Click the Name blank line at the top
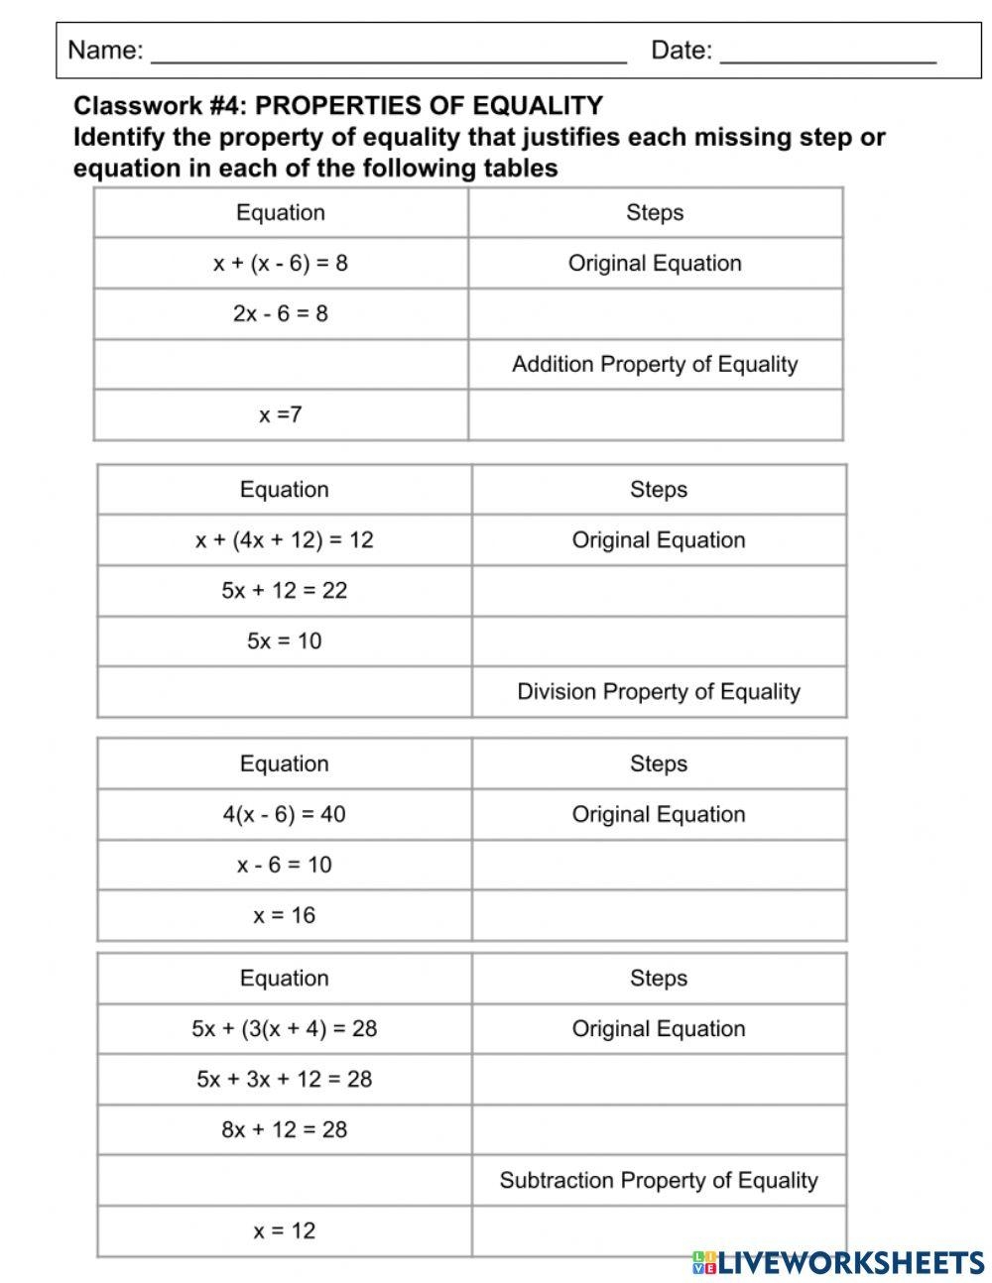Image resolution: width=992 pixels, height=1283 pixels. pos(388,55)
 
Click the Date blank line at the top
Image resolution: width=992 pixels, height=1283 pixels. pos(827,55)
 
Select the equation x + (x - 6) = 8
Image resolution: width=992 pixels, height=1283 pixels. pos(281,264)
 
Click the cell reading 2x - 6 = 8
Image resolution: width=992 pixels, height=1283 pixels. pos(281,314)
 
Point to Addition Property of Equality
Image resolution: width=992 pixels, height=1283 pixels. pos(655,365)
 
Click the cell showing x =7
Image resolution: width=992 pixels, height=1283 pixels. pos(281,415)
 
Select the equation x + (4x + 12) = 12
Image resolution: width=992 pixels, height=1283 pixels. pos(285,540)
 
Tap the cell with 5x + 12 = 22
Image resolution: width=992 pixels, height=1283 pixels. pos(285,591)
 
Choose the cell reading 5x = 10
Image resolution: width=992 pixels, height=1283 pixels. pos(285,641)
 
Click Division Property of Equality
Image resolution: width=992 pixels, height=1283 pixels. pos(659,692)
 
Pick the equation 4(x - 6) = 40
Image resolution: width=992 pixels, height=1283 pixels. pos(285,815)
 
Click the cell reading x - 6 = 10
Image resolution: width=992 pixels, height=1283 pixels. pos(285,866)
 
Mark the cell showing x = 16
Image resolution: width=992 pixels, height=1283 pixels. pos(285,916)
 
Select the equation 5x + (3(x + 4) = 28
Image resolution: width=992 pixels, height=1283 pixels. pos(285,1029)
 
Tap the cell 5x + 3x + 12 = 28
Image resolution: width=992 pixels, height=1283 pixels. pos(285,1080)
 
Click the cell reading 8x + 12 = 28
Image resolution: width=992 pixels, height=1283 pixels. pos(285,1130)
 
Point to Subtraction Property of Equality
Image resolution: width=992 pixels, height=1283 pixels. pos(659,1181)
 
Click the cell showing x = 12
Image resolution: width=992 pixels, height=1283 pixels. pos(285,1231)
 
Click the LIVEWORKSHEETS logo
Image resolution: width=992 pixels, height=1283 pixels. pos(838,1262)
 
